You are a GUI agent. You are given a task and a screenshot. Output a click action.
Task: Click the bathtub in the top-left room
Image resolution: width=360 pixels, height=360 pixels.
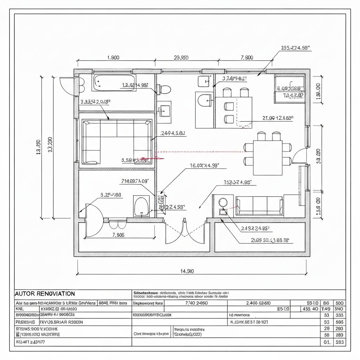point(114,82)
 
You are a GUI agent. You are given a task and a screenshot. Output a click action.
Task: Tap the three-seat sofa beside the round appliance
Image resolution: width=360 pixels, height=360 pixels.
point(260,206)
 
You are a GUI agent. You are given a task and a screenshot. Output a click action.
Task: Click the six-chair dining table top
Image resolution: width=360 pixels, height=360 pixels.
point(268,157)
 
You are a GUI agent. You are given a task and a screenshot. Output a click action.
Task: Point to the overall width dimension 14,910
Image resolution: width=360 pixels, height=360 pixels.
point(187,271)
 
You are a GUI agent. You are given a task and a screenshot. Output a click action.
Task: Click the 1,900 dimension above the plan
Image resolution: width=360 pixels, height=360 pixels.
point(113,58)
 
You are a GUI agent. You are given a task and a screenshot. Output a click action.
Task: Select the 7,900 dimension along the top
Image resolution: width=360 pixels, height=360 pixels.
point(246,58)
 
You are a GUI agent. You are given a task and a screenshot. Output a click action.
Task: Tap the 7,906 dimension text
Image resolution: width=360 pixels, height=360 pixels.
point(118,235)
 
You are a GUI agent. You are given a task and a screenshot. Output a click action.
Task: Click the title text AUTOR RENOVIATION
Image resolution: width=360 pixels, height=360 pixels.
point(45,293)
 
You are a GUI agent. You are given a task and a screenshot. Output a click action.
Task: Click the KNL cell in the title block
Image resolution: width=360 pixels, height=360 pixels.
point(20,309)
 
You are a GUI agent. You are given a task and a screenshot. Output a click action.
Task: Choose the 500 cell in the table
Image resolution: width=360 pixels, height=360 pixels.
point(339,302)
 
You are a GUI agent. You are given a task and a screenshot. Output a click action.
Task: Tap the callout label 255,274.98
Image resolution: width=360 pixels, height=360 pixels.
point(297,49)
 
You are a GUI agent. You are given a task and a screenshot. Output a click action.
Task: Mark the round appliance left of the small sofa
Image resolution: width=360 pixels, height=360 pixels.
point(223,202)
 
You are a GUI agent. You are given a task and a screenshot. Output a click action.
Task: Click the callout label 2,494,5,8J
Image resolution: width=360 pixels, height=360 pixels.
point(173,133)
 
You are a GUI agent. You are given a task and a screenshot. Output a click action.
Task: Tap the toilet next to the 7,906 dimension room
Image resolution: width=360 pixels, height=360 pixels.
point(142,206)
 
